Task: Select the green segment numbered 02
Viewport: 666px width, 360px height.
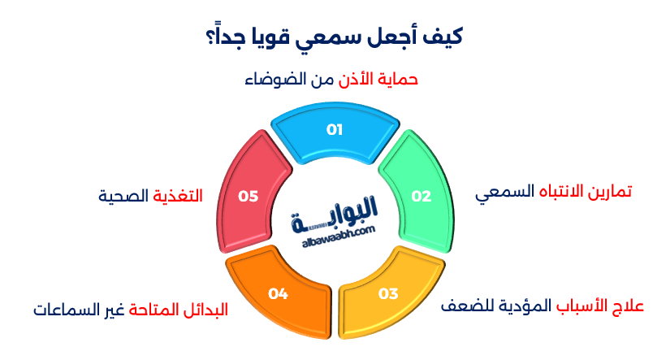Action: (418, 195)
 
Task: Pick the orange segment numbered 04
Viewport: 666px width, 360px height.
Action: (278, 293)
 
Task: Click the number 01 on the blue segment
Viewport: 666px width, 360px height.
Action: (335, 129)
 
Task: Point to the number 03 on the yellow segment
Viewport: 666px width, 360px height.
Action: (388, 293)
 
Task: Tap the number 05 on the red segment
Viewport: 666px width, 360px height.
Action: (248, 196)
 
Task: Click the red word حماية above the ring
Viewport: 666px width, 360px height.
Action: (398, 80)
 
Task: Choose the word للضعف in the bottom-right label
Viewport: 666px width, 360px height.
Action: (466, 307)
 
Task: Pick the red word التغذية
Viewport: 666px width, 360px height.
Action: (177, 196)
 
